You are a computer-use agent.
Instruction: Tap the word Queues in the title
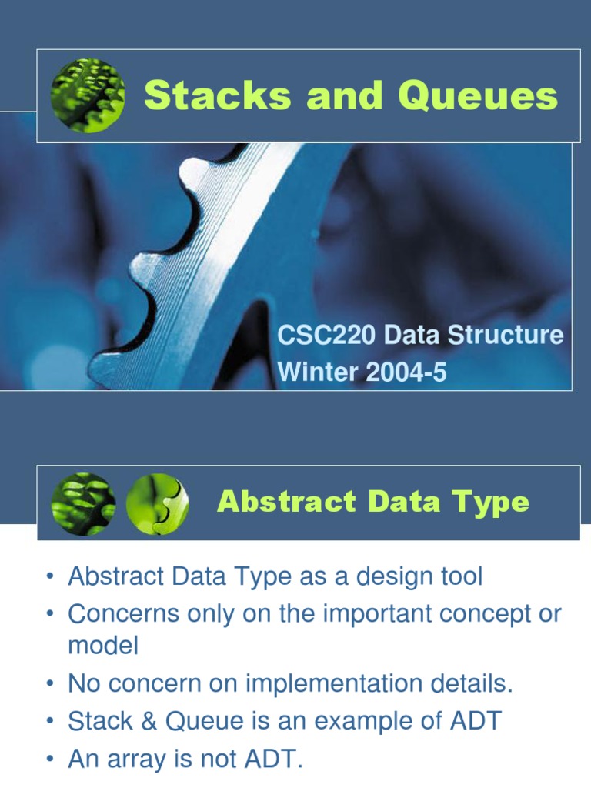click(x=478, y=97)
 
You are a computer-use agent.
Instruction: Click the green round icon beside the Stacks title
click(x=88, y=95)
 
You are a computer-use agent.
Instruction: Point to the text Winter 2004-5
click(x=362, y=372)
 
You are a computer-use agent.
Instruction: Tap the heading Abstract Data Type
click(x=373, y=502)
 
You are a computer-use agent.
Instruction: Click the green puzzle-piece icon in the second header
click(x=157, y=504)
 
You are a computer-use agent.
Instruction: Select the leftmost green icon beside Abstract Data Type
click(x=83, y=504)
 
